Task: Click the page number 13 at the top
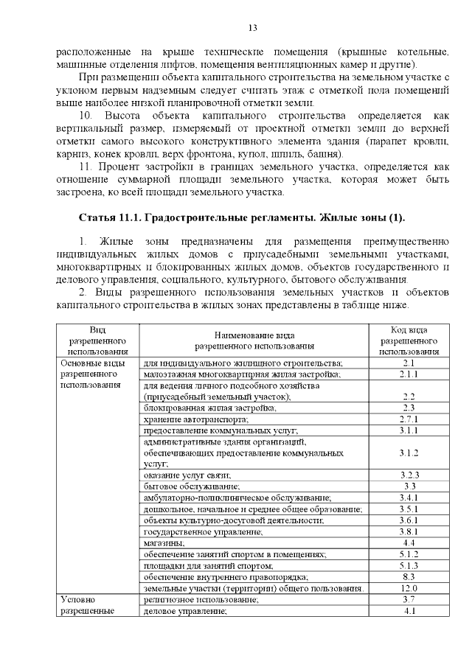point(252,28)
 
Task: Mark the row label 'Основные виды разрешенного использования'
point(92,374)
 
